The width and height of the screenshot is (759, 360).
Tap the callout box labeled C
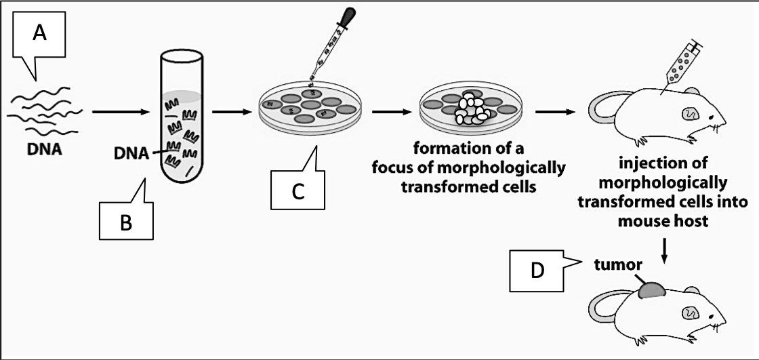(297, 192)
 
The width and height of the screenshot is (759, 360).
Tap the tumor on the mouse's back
(651, 289)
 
